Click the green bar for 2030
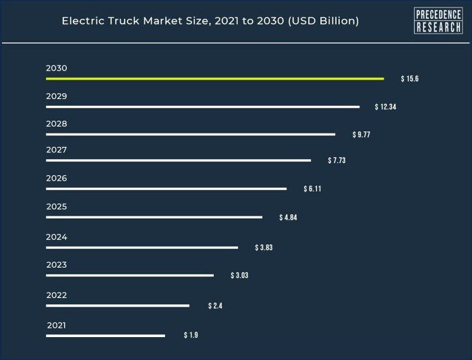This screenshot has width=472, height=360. click(214, 79)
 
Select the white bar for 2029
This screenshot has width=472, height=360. click(202, 107)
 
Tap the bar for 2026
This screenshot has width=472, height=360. click(166, 189)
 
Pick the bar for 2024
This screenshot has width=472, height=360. click(142, 247)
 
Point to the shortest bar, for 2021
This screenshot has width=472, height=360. click(105, 335)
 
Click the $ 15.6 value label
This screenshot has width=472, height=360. click(410, 79)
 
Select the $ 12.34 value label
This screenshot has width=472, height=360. click(385, 107)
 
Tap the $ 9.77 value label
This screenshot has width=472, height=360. click(361, 135)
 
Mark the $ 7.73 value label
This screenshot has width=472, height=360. click(336, 160)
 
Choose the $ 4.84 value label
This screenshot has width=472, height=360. click(288, 218)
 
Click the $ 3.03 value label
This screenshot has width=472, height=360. click(239, 275)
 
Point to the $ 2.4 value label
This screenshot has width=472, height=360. click(215, 306)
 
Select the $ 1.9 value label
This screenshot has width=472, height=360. click(191, 335)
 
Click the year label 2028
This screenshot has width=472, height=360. click(57, 124)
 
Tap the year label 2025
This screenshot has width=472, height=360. click(57, 206)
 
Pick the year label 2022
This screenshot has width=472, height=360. click(57, 295)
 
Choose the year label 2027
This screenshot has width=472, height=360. click(57, 150)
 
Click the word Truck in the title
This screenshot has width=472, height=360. click(123, 21)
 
